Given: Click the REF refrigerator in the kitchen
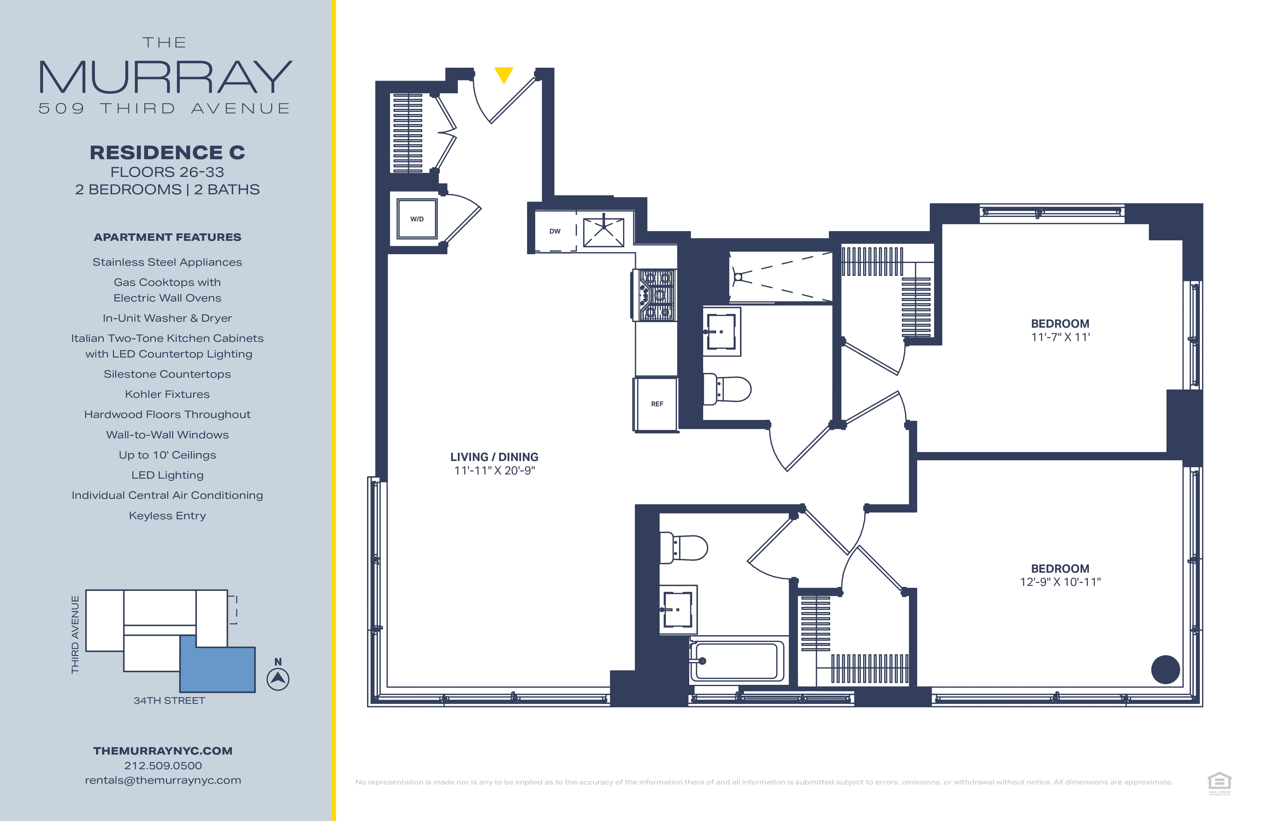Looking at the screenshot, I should [x=656, y=404].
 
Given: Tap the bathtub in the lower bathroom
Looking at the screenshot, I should [x=736, y=661].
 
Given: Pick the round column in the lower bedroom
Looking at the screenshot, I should [x=1165, y=669].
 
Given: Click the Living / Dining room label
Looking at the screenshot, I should [x=494, y=457].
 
